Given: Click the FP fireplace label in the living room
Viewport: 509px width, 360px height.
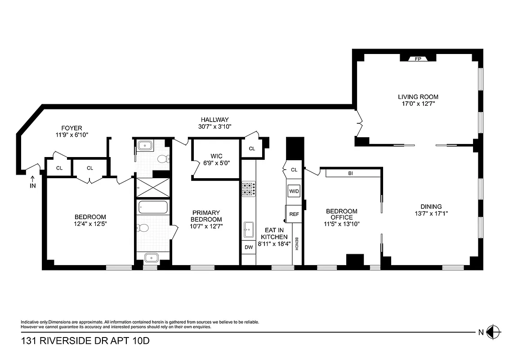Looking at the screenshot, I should pos(418,58).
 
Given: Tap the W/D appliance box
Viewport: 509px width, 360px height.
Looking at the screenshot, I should pos(294,191).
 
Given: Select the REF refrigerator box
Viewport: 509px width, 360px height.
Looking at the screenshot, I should pos(294,214).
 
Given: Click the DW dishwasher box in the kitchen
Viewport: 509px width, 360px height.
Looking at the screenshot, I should pos(248,247).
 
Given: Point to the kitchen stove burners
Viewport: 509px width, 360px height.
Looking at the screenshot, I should pos(248,189).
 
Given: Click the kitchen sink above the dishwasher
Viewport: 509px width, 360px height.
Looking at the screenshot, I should pos(248,229).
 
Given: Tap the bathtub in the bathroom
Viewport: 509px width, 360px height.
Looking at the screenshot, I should pos(153,208).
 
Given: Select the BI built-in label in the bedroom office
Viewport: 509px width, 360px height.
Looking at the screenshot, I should pos(350,173).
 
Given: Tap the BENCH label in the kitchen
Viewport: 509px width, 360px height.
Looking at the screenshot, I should pos(297,244).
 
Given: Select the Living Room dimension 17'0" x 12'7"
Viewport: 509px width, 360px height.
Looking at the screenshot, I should pos(418,103).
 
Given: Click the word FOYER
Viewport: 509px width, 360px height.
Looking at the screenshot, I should pos(72,128).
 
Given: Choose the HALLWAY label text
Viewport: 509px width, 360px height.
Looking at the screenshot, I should pos(214,120).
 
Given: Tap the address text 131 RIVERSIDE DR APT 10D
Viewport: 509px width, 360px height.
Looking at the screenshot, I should pos(85,341).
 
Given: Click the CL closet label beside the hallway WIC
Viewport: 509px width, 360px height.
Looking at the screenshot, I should pos(252,148).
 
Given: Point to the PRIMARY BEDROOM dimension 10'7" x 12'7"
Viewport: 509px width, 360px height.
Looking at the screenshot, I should pos(206,226).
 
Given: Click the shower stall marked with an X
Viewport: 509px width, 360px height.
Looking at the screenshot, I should pos(153,187).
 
